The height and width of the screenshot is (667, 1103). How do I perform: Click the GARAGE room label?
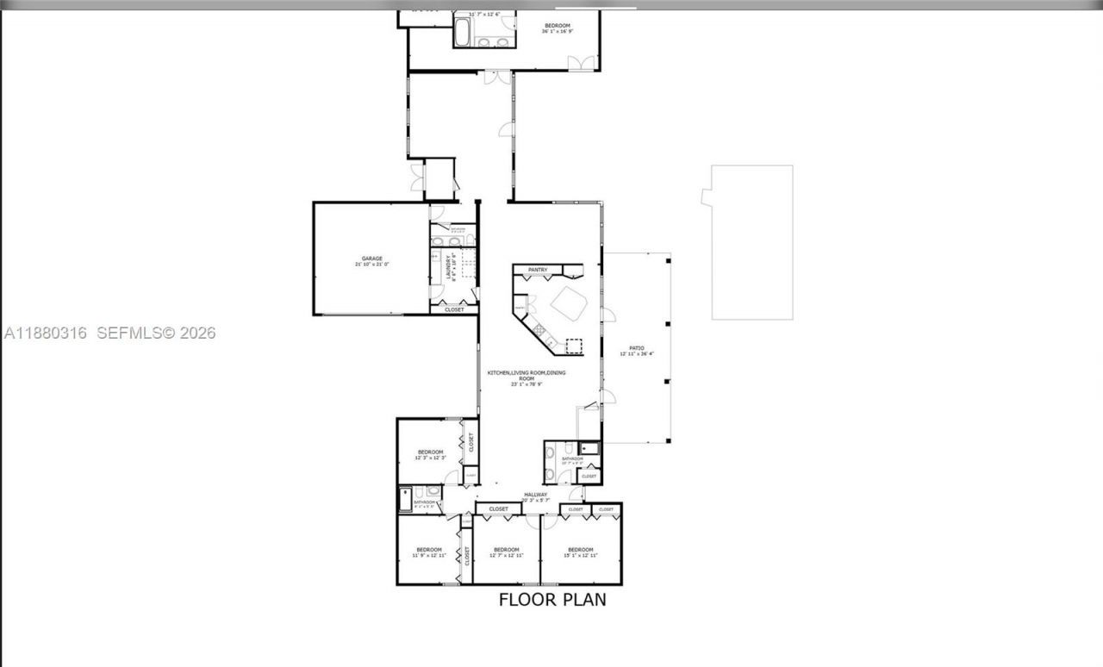point(371,259)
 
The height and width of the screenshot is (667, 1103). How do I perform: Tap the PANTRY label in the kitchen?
point(538,271)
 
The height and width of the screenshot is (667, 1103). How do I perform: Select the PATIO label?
point(637,348)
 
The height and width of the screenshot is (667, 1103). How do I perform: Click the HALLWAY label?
point(535,495)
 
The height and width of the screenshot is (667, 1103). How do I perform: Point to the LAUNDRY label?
point(450,270)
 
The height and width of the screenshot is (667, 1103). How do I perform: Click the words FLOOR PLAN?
point(552,600)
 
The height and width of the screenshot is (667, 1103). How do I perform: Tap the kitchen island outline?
point(570,303)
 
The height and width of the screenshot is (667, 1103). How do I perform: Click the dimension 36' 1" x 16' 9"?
point(558,32)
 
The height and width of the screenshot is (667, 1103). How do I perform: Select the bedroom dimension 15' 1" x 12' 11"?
point(580,556)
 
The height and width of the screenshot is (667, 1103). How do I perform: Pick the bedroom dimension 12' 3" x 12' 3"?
point(430,458)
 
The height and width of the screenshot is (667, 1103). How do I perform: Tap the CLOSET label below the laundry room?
point(454,309)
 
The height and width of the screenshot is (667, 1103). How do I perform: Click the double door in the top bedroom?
point(581,62)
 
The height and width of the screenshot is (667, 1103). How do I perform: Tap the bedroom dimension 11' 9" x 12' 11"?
point(429,556)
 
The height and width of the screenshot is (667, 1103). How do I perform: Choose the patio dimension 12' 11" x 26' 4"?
point(637,354)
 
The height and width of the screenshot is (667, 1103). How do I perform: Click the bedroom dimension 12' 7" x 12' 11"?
point(506,556)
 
